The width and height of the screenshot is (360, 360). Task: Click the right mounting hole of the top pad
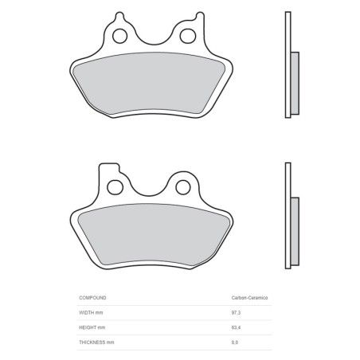190,36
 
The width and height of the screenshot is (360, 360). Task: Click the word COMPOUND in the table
94,297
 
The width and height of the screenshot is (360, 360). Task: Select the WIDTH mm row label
92,312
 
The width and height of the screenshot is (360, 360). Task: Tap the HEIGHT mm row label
92,327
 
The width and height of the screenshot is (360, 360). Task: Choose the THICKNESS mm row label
96,342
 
